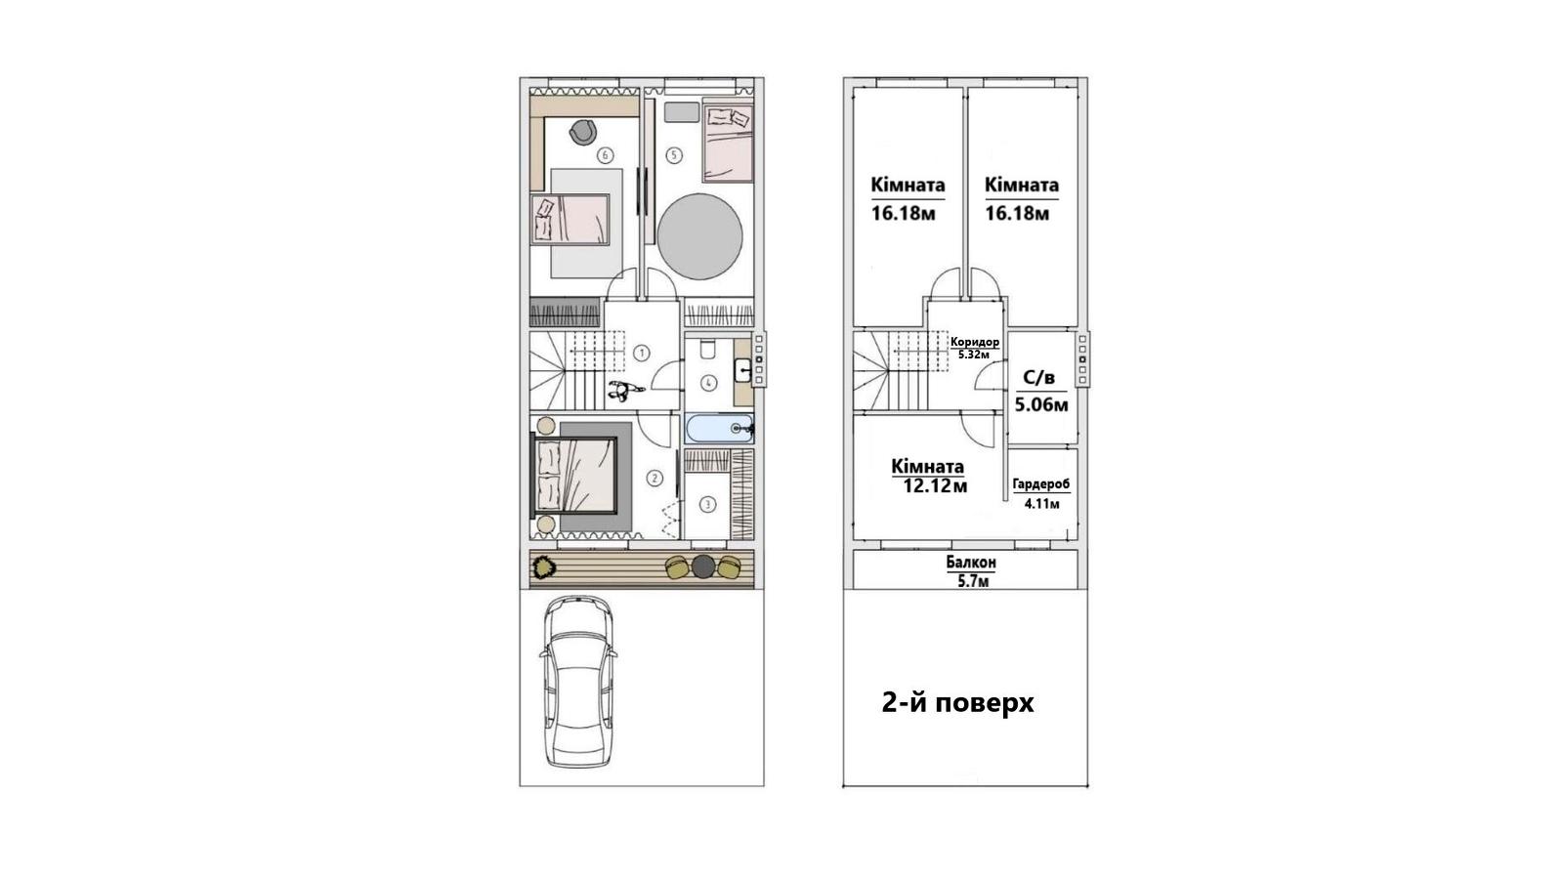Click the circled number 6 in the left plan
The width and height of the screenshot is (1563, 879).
(x=605, y=155)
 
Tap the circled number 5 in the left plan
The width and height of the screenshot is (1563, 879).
(x=673, y=155)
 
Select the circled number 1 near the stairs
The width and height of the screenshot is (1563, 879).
(x=641, y=353)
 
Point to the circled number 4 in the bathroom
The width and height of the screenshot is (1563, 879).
(x=708, y=382)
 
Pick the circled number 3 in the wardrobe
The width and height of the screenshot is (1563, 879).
(x=707, y=504)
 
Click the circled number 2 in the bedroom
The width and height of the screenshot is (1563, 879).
(x=655, y=479)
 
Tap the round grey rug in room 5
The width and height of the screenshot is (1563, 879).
(x=699, y=236)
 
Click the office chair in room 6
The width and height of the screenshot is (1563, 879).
(x=582, y=132)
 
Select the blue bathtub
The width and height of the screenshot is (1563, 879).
(x=719, y=429)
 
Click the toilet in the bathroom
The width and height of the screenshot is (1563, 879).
(x=707, y=349)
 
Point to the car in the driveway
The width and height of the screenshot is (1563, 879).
(x=578, y=682)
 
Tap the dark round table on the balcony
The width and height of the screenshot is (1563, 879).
(x=703, y=565)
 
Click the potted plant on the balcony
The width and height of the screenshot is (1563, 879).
(x=543, y=565)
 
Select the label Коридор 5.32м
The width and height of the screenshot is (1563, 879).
(x=975, y=348)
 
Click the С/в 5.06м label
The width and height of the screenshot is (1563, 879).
(x=1041, y=392)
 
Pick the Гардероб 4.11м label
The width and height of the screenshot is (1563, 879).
(x=1041, y=493)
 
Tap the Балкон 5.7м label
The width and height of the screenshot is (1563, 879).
(x=971, y=571)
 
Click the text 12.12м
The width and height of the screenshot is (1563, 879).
(x=935, y=485)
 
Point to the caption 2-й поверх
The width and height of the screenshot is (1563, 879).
(x=958, y=703)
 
